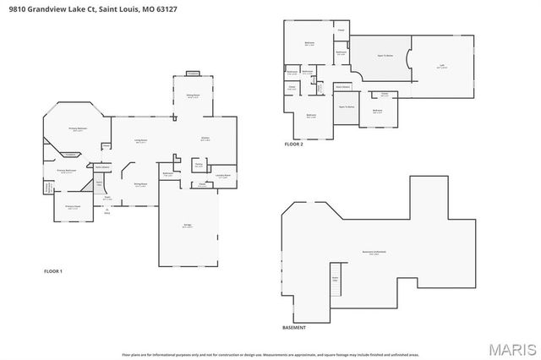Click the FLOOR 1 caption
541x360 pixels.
click(x=53, y=271)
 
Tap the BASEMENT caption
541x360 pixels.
click(x=294, y=327)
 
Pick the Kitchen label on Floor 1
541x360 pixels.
click(x=205, y=139)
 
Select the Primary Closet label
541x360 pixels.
click(x=72, y=205)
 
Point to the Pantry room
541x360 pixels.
click(x=199, y=166)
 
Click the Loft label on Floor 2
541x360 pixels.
click(x=440, y=65)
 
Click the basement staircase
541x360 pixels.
click(x=335, y=286)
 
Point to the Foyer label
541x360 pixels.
click(x=107, y=199)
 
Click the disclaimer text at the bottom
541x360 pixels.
click(x=270, y=354)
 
